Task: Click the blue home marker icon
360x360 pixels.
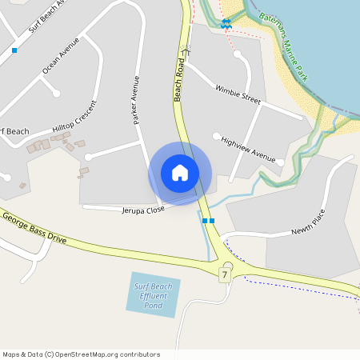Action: coord(180,173)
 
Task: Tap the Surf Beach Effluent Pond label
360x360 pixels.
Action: coord(154,295)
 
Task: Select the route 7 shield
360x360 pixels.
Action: coord(226,275)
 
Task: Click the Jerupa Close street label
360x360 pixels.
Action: coord(142,210)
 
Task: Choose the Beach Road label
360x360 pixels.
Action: coord(179,79)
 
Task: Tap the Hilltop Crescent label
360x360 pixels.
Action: coord(74,121)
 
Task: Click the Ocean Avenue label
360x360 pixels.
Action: coord(61,55)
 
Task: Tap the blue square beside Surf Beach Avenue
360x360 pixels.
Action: coord(14,50)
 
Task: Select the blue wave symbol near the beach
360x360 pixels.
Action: coord(227,22)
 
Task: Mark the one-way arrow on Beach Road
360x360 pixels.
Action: coord(186,50)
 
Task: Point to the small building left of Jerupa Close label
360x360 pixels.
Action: coord(83,171)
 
